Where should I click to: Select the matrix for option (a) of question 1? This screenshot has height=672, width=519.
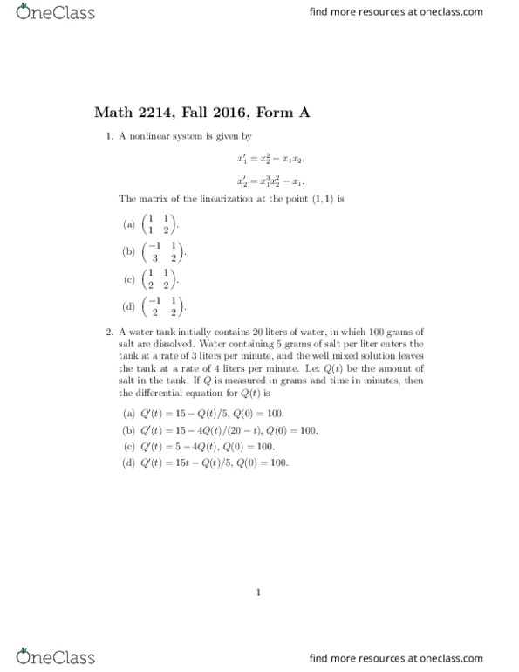tap(158, 224)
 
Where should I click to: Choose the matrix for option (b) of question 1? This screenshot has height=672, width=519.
tap(162, 252)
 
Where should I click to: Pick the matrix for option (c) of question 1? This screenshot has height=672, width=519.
tap(158, 280)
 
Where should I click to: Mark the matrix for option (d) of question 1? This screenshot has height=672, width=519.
tap(162, 308)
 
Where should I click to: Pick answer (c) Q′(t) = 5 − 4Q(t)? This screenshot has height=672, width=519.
tap(206, 446)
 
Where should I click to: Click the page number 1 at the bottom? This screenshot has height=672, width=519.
tap(259, 593)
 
